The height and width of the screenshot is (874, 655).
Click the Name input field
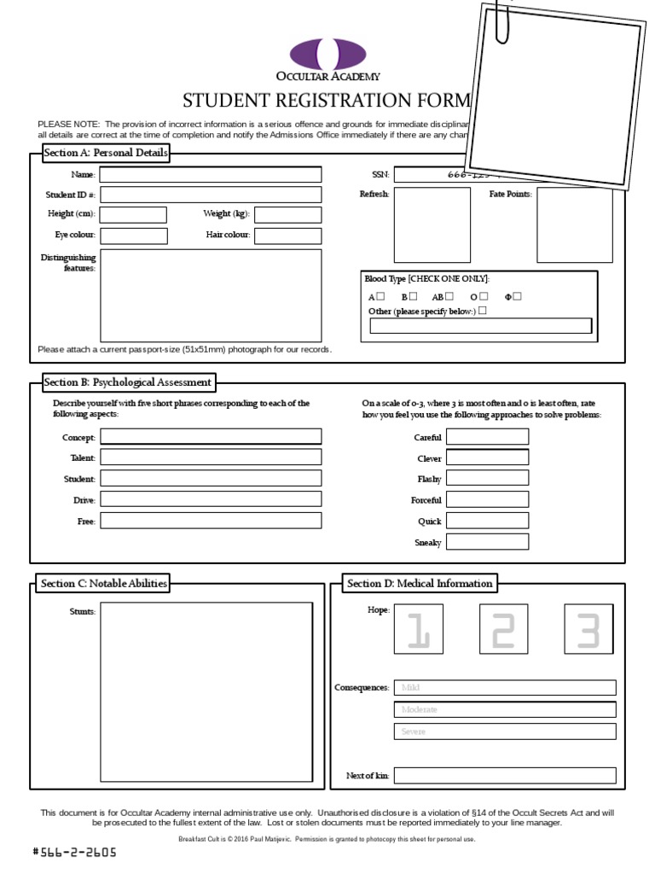(x=211, y=175)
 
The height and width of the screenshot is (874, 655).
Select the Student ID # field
(x=211, y=195)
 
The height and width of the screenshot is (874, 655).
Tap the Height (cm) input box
(x=134, y=215)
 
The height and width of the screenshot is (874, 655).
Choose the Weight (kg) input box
(x=288, y=215)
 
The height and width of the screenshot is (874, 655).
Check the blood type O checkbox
(x=484, y=296)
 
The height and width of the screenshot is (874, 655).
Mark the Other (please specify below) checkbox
(x=483, y=311)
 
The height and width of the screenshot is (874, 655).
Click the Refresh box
(x=432, y=224)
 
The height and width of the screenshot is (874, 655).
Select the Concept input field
(x=211, y=437)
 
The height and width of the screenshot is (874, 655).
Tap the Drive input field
(x=211, y=499)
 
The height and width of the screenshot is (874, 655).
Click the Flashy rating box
(x=487, y=479)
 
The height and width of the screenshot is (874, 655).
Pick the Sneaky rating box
(x=487, y=542)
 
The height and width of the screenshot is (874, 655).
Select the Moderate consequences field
(x=504, y=709)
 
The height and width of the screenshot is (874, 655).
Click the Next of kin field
(x=504, y=775)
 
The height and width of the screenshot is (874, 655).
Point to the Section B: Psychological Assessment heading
(x=127, y=382)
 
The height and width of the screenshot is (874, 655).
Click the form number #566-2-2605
(x=74, y=852)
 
